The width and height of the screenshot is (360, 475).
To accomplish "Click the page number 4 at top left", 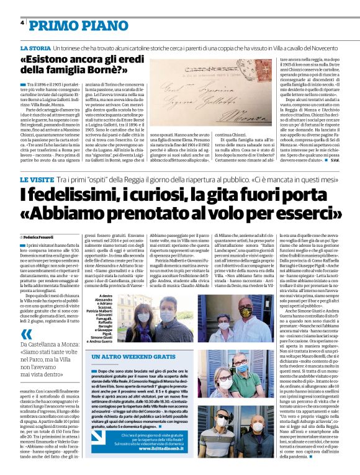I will point(22,22).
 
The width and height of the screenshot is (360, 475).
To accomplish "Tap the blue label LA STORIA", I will point(35,48).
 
